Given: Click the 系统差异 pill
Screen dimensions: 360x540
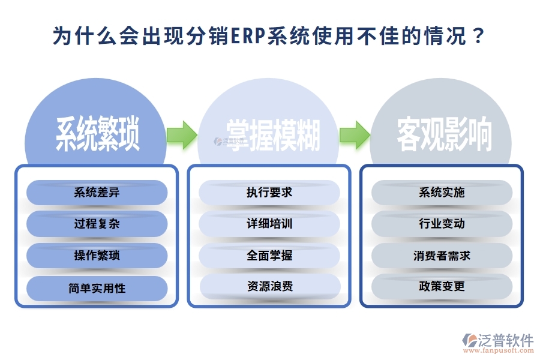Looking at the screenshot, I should [97, 193].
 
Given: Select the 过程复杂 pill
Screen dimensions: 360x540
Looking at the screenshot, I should [97, 224].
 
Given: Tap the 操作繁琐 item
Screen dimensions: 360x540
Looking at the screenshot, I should [97, 256].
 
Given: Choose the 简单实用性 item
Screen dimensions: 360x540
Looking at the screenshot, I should [97, 288].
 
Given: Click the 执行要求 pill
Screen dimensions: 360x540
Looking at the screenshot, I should [269, 193].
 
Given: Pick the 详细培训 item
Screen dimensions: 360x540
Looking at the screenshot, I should [269, 224].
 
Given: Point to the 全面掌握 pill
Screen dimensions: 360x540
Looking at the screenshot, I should [269, 256].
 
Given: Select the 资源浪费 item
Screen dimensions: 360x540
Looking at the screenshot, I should [269, 287].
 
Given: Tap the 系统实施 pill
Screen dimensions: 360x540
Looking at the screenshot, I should [442, 193].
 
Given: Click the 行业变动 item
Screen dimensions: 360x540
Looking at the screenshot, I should [442, 224].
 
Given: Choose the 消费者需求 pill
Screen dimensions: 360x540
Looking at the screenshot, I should [442, 256].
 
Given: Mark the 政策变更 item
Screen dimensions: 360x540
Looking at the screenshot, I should [442, 287].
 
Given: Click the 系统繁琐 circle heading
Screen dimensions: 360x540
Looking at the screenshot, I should [97, 134].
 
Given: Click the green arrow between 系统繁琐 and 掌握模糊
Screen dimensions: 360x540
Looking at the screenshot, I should [182, 134].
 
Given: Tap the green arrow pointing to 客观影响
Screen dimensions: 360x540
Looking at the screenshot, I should [355, 134].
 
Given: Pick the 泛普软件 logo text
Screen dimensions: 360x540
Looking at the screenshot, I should [506, 340].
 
